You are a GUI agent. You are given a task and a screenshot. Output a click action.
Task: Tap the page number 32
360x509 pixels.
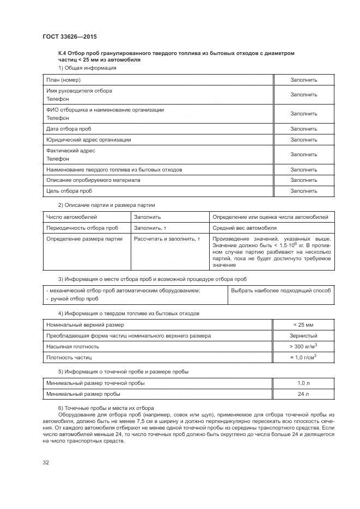coord(46,463)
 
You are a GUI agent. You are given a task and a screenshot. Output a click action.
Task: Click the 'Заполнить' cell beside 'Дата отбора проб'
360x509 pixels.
coord(303,129)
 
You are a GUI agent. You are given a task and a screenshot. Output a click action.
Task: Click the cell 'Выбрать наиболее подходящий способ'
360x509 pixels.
coord(280,291)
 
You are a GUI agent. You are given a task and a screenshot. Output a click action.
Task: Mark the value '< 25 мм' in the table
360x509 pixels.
coord(303,325)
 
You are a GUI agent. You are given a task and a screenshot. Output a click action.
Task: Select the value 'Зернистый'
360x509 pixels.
coord(303,336)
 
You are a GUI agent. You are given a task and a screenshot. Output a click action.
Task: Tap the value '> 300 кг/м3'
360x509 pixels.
coord(303,346)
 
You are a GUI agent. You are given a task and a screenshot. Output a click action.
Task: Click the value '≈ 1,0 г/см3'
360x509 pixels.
coord(303,357)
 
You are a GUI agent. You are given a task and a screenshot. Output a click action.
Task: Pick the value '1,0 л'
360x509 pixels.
coord(303,383)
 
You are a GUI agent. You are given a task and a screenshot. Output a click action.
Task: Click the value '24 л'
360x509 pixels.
coord(303,394)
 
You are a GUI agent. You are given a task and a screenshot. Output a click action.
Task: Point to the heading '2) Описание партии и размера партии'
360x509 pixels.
coord(106,205)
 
